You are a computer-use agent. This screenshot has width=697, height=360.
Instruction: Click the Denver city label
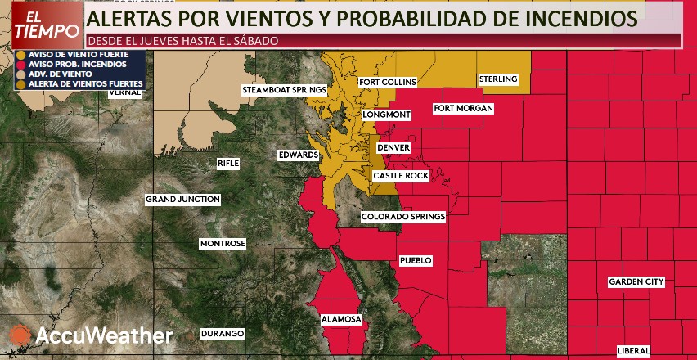click(392, 147)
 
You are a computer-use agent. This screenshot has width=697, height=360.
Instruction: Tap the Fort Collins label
click(388, 82)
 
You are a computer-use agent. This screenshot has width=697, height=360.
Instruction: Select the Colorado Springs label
click(403, 217)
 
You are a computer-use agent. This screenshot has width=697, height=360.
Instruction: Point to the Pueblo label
click(415, 261)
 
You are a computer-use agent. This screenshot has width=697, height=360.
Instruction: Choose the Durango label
click(223, 334)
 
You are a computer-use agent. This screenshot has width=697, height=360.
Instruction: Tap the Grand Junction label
click(182, 200)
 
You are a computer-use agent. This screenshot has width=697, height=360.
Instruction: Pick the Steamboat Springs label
click(284, 89)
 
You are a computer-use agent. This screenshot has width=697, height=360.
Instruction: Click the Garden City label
click(636, 282)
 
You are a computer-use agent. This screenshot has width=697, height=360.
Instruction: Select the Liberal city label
click(633, 351)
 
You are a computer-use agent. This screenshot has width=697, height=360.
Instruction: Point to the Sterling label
click(498, 79)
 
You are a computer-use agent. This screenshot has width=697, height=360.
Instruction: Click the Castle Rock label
click(400, 176)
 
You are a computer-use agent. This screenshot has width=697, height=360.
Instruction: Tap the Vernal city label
click(125, 93)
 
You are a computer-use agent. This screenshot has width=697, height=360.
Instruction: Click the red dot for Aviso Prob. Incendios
click(20, 64)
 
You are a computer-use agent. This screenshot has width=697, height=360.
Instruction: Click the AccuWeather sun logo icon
click(20, 335)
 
